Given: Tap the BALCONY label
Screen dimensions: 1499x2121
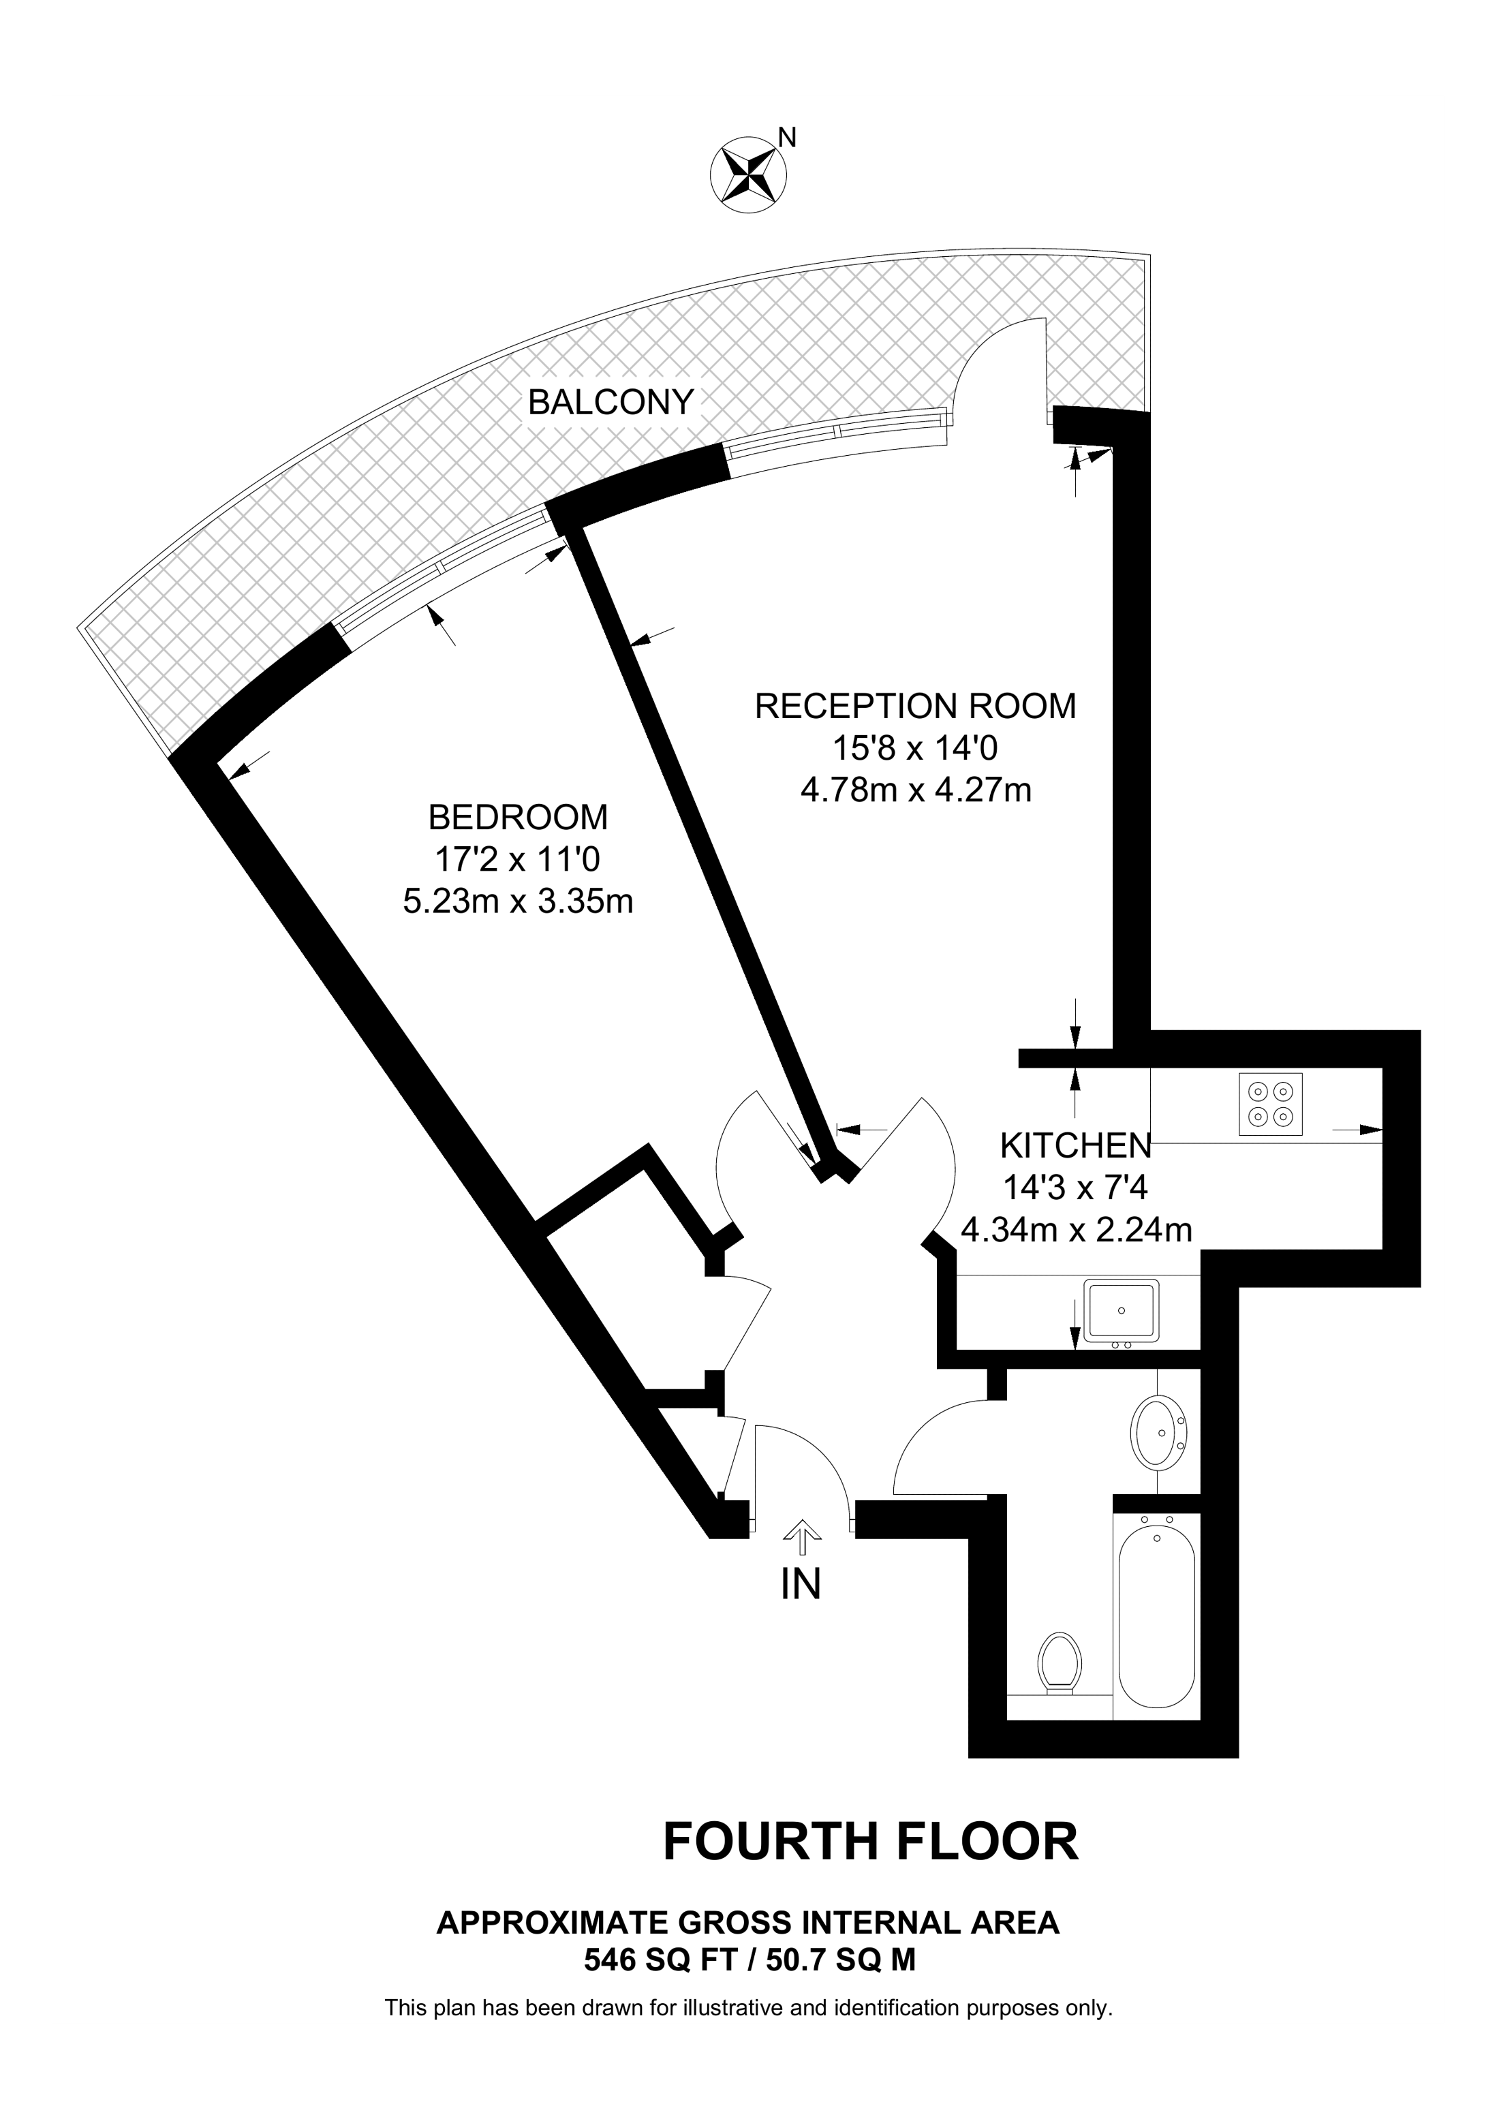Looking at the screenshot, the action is (610, 402).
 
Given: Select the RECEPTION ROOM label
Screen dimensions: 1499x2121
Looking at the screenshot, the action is (915, 706).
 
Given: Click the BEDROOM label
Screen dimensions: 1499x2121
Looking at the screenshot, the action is (518, 818).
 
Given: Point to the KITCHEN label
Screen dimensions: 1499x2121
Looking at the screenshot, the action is (1076, 1147).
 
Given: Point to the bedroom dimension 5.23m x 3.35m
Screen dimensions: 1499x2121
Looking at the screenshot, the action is (518, 901).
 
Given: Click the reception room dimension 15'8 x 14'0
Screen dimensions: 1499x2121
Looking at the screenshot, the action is (915, 747).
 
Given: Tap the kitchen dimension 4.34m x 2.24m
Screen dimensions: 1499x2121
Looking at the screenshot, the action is (1076, 1230).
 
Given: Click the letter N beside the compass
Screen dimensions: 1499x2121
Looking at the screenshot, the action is (787, 138).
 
